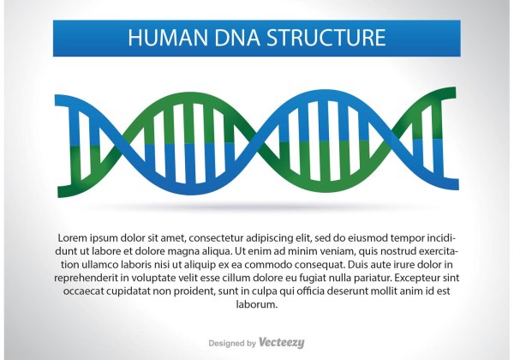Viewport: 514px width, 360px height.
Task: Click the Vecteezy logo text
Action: click(x=281, y=343)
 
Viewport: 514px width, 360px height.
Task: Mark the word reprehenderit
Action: click(x=93, y=279)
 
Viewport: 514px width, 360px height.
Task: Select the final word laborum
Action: click(x=257, y=305)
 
